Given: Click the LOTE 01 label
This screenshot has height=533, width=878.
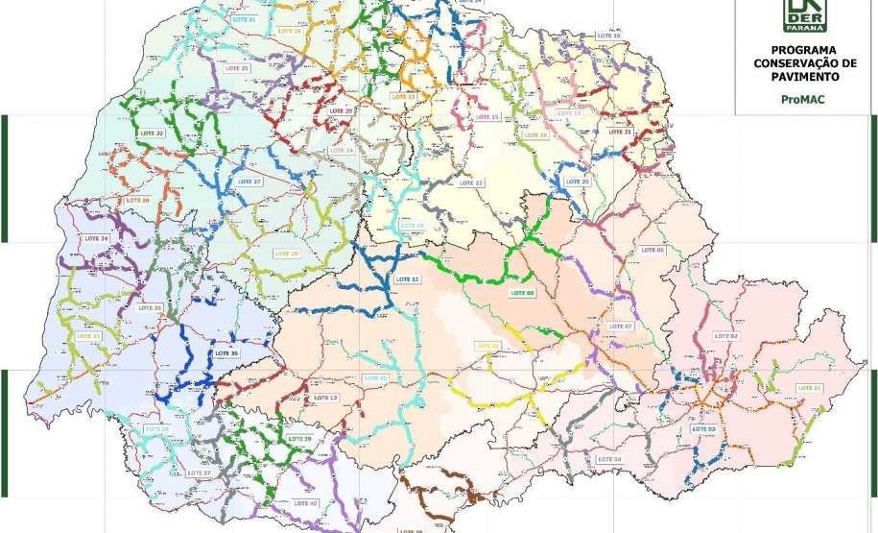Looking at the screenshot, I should [810, 388].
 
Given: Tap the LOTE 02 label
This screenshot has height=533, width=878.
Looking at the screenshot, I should [726, 336].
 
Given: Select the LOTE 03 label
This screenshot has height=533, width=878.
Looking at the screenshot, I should [703, 428].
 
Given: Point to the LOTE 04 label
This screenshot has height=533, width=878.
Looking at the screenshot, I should [609, 459].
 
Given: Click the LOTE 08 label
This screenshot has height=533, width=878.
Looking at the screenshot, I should [522, 293].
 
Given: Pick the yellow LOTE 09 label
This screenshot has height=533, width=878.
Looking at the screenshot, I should [487, 346].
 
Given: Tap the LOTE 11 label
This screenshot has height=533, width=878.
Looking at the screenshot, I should [408, 279].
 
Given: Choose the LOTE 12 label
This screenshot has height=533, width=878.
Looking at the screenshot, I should [375, 378].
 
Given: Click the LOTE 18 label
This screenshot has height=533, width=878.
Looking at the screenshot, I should [608, 36].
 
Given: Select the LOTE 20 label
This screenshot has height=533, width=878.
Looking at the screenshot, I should [578, 182].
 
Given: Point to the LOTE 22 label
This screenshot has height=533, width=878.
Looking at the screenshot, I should [471, 182].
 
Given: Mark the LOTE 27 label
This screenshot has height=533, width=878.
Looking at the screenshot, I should [249, 182].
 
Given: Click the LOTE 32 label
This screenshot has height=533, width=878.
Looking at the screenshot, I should [152, 133].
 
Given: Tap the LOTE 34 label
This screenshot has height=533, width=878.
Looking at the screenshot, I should [97, 238].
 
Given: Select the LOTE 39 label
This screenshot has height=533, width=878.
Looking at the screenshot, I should [299, 439].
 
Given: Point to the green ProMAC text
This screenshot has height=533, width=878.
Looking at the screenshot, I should [803, 98].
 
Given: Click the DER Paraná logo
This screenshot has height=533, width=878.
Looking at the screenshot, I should [804, 14].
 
